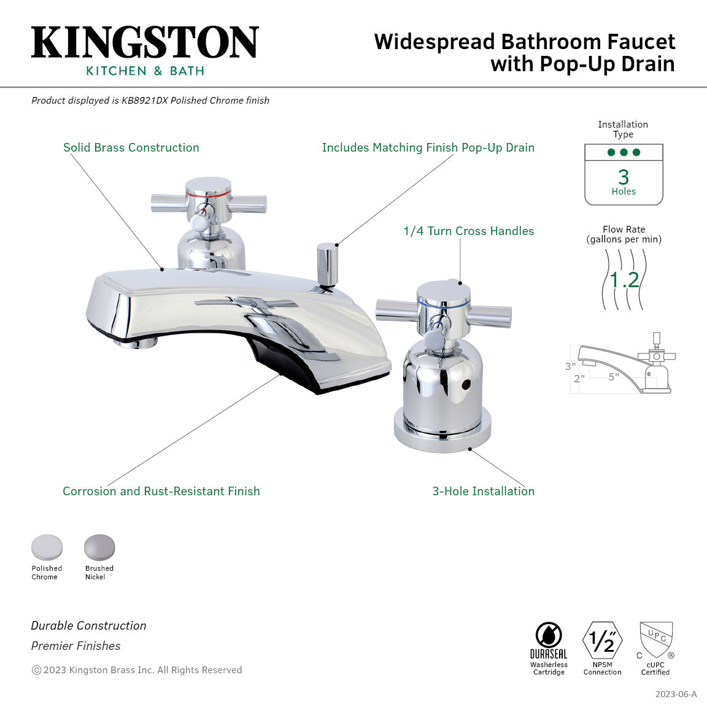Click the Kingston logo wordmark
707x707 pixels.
[145, 43]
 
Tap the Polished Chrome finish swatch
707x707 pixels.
[47, 547]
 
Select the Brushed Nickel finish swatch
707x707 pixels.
[99, 547]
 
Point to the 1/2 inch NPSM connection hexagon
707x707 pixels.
[602, 641]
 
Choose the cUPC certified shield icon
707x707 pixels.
[656, 639]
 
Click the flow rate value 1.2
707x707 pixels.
[624, 280]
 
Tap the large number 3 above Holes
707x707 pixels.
[624, 177]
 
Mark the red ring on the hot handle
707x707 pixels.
[209, 193]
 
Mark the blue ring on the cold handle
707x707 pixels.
[443, 303]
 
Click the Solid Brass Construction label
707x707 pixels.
[131, 147]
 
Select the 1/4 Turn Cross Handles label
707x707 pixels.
[468, 231]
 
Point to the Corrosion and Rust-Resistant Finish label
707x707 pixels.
[161, 491]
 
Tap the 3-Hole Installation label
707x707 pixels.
[483, 491]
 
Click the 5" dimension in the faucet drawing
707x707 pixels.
[614, 377]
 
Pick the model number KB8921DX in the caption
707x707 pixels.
[144, 100]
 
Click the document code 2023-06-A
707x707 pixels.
[676, 694]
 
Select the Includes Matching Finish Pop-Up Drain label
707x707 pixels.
[428, 147]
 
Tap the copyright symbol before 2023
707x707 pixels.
[36, 670]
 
